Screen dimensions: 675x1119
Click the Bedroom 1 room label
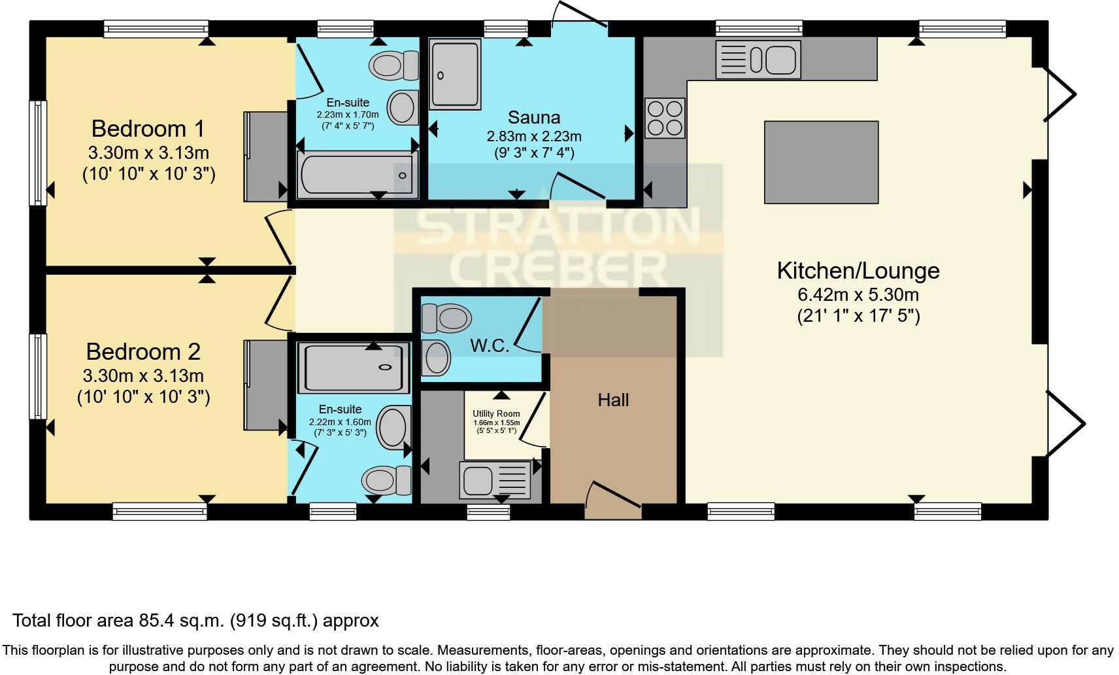coord(148,128)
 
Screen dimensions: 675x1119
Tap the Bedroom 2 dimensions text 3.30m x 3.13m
coord(143,376)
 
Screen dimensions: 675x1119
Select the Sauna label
coord(533,118)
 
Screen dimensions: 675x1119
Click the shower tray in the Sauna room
coord(455,73)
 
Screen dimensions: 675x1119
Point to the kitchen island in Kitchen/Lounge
coord(821,162)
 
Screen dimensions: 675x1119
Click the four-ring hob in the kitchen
coord(665,118)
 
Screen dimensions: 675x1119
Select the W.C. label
coord(490,345)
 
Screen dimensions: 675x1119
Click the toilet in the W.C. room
coord(447,319)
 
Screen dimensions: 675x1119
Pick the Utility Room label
coord(496,413)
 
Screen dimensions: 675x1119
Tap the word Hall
coord(613,400)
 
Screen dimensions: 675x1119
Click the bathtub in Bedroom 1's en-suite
coord(357,175)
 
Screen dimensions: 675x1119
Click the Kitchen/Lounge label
coord(858,271)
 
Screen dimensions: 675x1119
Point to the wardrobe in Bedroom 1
coord(266,156)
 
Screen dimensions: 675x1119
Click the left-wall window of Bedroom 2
coord(39,376)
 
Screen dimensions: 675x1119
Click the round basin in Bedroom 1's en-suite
coord(403,107)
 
